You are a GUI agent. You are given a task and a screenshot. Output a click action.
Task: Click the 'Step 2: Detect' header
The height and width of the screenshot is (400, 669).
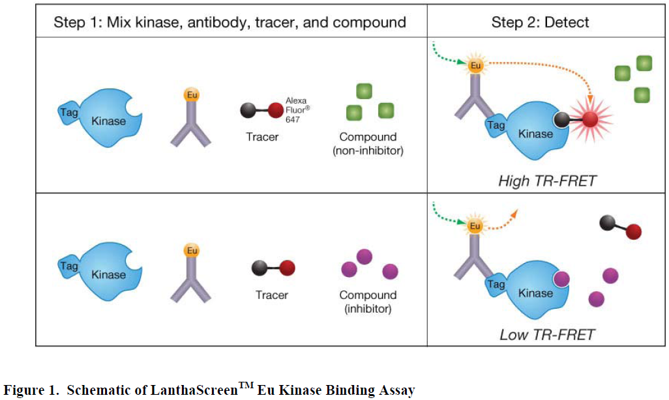[540, 22]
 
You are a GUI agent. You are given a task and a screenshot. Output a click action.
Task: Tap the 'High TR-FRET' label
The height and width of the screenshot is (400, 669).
[547, 180]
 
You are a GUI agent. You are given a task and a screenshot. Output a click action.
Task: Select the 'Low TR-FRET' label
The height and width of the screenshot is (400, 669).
[547, 335]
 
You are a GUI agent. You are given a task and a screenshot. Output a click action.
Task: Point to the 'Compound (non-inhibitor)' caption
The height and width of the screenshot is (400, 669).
[368, 143]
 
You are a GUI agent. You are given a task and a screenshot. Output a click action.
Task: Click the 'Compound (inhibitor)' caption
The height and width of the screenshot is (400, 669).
[368, 302]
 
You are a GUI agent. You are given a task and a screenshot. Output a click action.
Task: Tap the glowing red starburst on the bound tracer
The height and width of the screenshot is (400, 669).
[589, 119]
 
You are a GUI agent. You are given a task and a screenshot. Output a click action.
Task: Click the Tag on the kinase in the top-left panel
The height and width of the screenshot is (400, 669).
[68, 112]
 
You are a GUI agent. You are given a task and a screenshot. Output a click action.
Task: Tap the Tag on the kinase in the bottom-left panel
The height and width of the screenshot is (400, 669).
[68, 266]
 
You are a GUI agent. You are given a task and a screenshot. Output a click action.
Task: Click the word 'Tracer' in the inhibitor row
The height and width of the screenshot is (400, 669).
[271, 295]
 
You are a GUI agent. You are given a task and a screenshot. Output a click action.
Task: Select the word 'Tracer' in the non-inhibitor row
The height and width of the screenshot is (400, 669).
[263, 137]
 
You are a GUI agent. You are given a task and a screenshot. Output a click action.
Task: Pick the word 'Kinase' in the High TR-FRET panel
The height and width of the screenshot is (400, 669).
[536, 134]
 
